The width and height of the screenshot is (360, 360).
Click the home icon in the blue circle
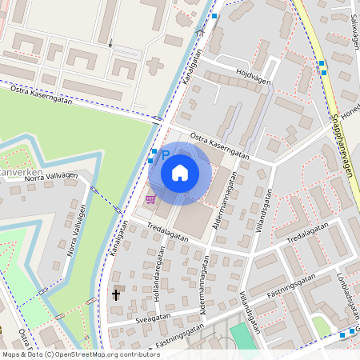tap(180, 173)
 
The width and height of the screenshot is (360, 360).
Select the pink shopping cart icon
tap(150, 198)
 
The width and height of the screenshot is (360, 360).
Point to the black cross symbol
tap(115, 295)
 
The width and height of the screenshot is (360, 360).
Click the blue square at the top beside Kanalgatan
tap(214, 16)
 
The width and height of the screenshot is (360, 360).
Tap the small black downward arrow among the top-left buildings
tap(111, 44)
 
